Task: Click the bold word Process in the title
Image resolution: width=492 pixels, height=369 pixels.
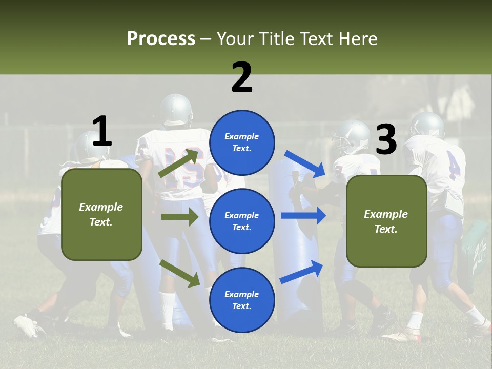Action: point(161,39)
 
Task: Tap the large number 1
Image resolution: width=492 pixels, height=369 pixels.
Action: point(102,132)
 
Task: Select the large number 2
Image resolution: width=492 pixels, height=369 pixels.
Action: point(242,77)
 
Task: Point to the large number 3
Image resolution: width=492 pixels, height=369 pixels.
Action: point(386,140)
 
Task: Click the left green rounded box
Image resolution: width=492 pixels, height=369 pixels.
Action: point(101,214)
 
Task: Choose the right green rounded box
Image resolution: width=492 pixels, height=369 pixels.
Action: point(386,221)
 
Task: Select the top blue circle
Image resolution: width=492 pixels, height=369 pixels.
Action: point(242,142)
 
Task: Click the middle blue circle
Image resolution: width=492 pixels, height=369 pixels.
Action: point(242,221)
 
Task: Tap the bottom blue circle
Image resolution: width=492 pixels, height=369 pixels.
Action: point(242,300)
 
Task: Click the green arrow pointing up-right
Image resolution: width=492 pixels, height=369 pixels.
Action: point(179,163)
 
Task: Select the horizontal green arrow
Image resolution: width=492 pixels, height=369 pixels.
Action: point(179,217)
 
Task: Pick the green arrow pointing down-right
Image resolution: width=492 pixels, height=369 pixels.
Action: point(179,273)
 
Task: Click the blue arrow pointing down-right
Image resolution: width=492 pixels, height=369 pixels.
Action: point(305,163)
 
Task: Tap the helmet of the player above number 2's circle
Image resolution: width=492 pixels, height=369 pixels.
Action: point(176,109)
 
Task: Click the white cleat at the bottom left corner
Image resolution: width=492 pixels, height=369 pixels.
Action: point(26,326)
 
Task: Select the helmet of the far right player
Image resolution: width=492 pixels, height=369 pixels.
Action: point(426,125)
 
